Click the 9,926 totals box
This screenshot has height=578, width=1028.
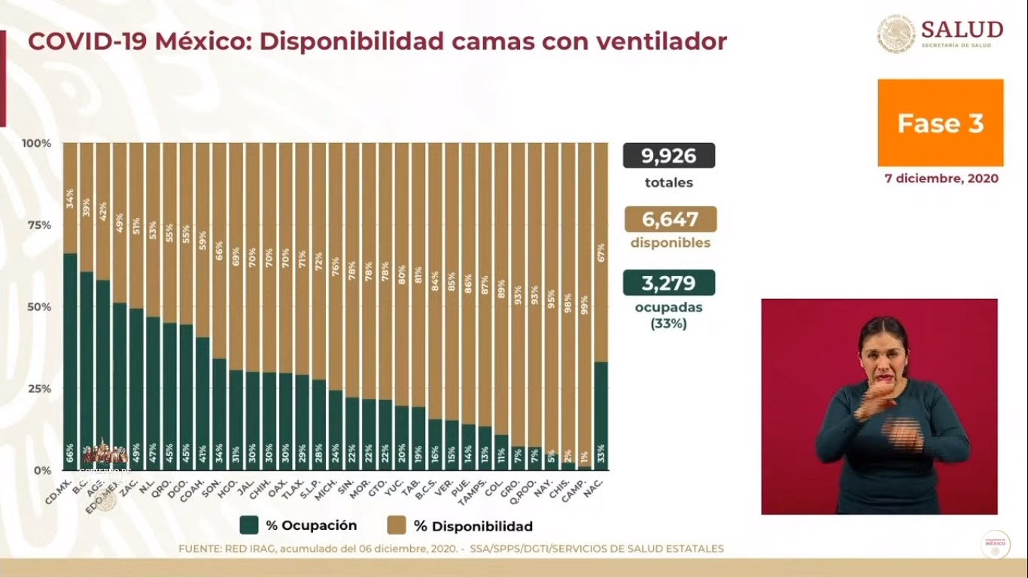[668, 156]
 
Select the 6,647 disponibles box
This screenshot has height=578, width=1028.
[670, 219]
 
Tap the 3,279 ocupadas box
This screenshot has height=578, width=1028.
[668, 283]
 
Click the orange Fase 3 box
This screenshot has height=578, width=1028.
[940, 123]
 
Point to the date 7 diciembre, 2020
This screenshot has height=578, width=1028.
[941, 178]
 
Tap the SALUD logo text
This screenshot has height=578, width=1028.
[961, 30]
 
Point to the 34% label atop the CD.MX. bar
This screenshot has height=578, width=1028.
[70, 198]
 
